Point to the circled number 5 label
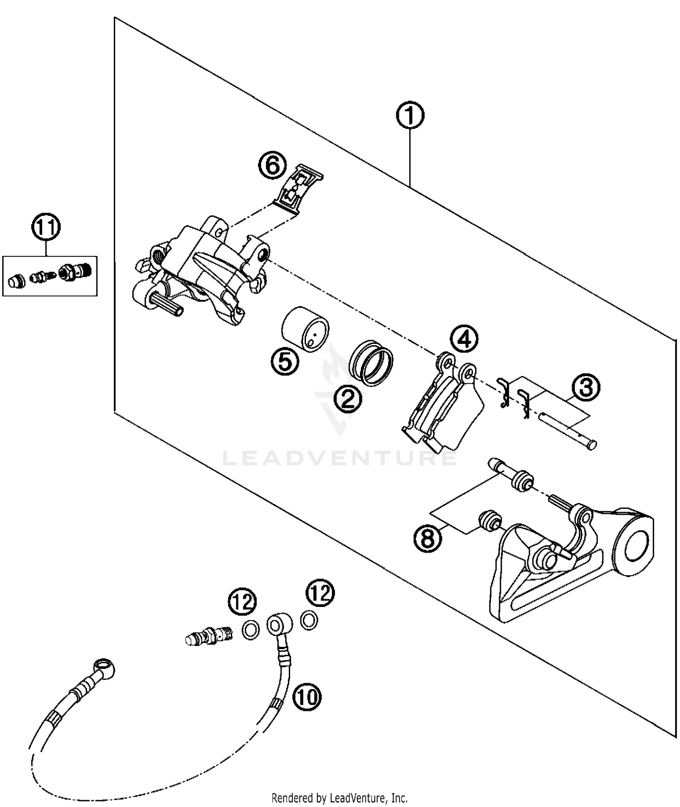(285, 362)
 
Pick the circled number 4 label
(464, 338)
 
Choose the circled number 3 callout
(586, 387)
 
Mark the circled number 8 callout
(427, 538)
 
